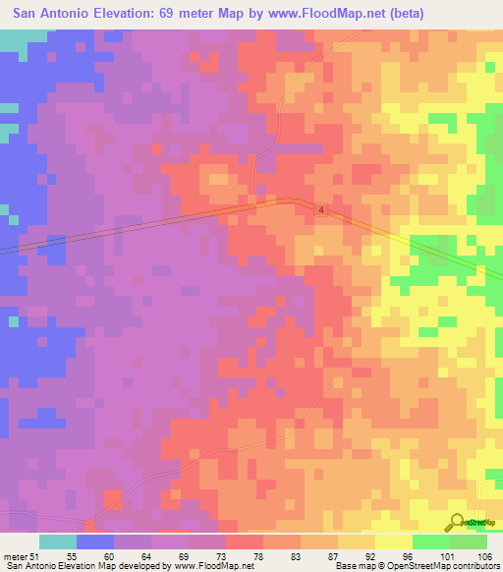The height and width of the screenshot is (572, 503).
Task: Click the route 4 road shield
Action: (321, 210)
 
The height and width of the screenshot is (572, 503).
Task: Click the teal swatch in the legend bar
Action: (58, 542)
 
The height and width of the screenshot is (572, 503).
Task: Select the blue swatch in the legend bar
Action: (95, 542)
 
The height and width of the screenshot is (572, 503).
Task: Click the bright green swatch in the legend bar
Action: (431, 542)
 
